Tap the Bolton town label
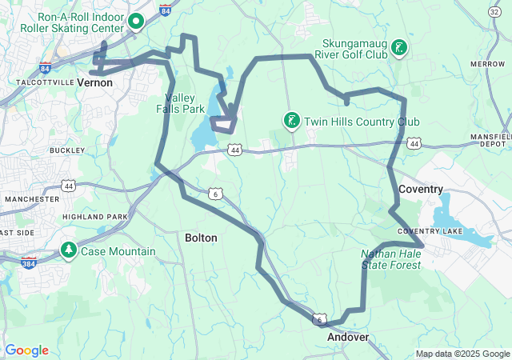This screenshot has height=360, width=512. tap(200, 238)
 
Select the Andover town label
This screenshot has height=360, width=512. tap(348, 337)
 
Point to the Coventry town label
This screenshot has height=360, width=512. tap(420, 189)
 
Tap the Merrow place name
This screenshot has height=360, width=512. tap(488, 63)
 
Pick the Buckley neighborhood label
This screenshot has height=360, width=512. tap(67, 150)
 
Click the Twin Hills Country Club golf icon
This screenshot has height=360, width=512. tap(292, 121)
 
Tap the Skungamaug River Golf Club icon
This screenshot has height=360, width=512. tap(398, 49)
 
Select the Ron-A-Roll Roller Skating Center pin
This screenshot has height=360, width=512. tap(136, 22)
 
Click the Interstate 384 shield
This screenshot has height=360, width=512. tap(29, 263)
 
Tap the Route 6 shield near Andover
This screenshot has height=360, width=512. tap(321, 319)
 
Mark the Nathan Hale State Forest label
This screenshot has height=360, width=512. tap(391, 258)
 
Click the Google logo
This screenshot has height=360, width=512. tap(27, 350)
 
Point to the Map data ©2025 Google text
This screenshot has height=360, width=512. tap(462, 354)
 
